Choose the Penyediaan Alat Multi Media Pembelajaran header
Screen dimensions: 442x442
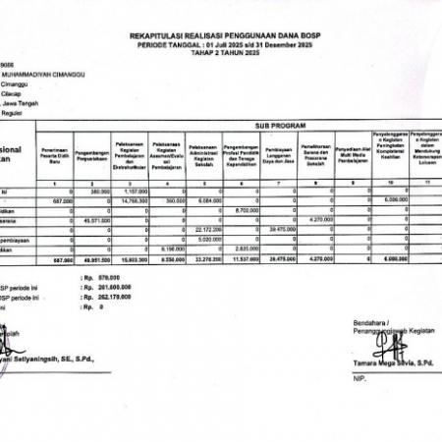(352, 156)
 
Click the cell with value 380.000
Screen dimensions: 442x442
(97, 192)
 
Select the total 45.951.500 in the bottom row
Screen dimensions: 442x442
(95, 258)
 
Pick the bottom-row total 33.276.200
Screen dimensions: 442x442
(203, 258)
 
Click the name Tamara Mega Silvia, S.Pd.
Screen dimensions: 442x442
(391, 362)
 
